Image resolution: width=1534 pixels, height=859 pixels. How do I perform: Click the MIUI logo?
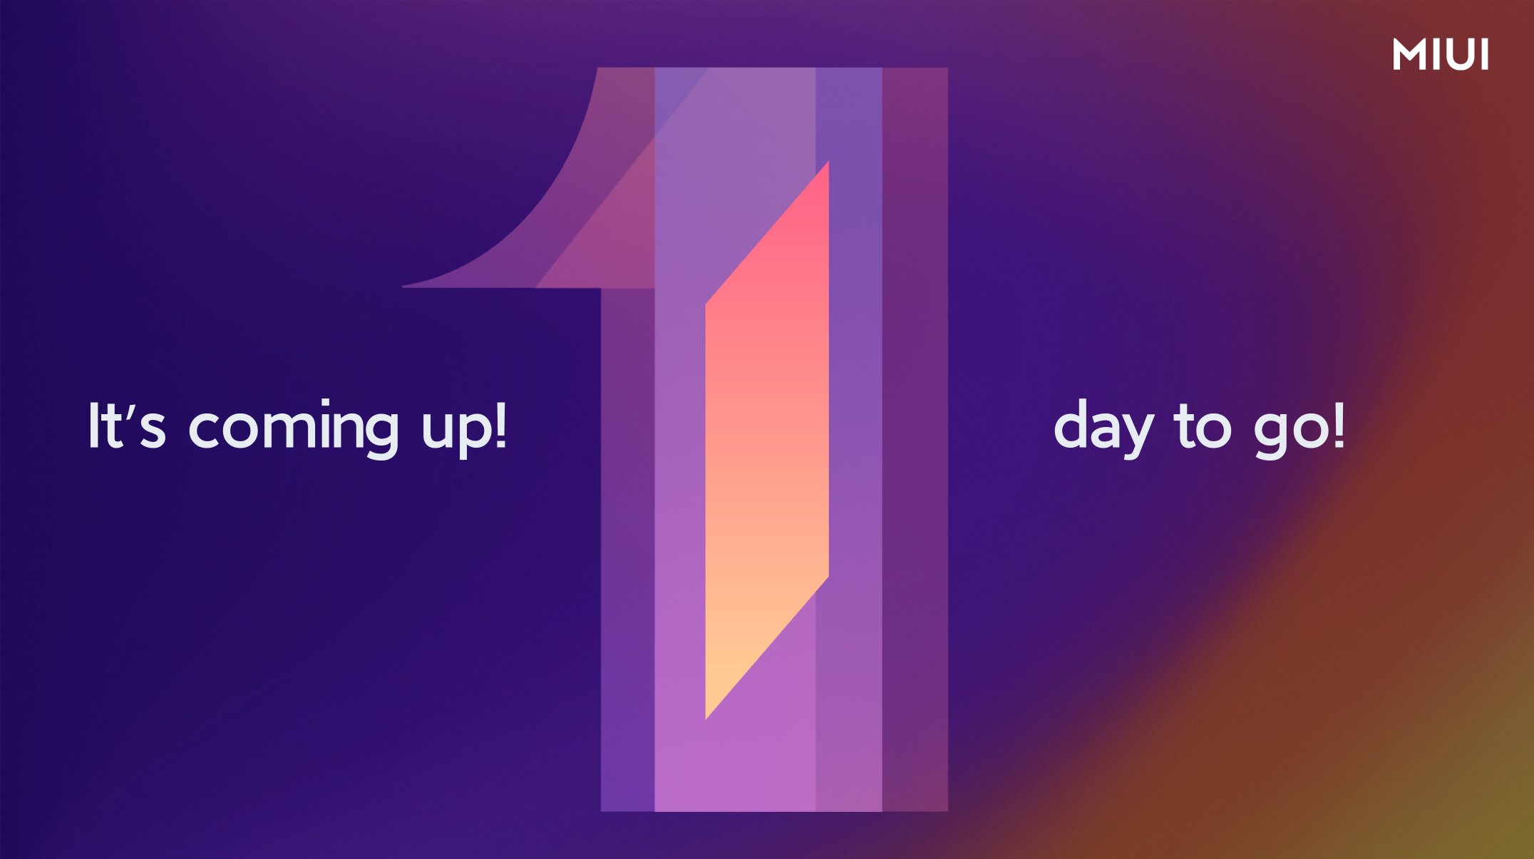[1441, 55]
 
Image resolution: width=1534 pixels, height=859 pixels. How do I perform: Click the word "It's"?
[127, 426]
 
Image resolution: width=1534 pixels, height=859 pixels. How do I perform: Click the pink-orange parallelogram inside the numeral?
[767, 440]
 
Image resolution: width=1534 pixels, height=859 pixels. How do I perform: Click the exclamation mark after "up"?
[500, 426]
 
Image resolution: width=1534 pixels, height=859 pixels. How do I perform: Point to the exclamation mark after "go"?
[1339, 426]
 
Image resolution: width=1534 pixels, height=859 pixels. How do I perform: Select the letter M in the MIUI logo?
[1409, 55]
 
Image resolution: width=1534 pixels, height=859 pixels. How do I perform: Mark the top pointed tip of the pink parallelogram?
[828, 162]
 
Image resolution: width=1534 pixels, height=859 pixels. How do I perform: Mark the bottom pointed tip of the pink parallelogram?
[706, 719]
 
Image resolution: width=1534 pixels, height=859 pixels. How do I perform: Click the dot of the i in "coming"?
[326, 403]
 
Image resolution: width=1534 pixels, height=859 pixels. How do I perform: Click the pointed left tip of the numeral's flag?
[403, 287]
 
